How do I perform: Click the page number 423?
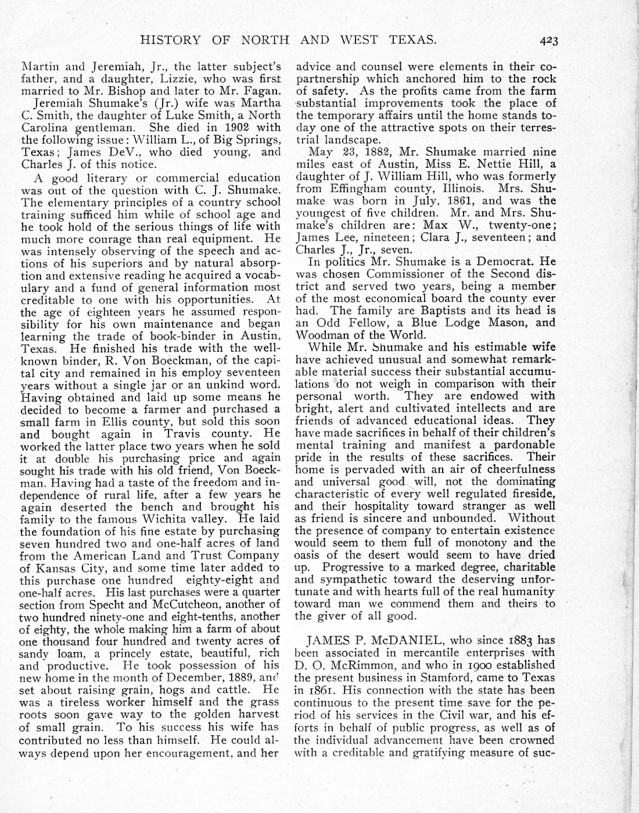[548, 41]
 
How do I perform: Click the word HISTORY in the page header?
[171, 40]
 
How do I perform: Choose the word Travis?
[184, 434]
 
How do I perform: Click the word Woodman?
[319, 335]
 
